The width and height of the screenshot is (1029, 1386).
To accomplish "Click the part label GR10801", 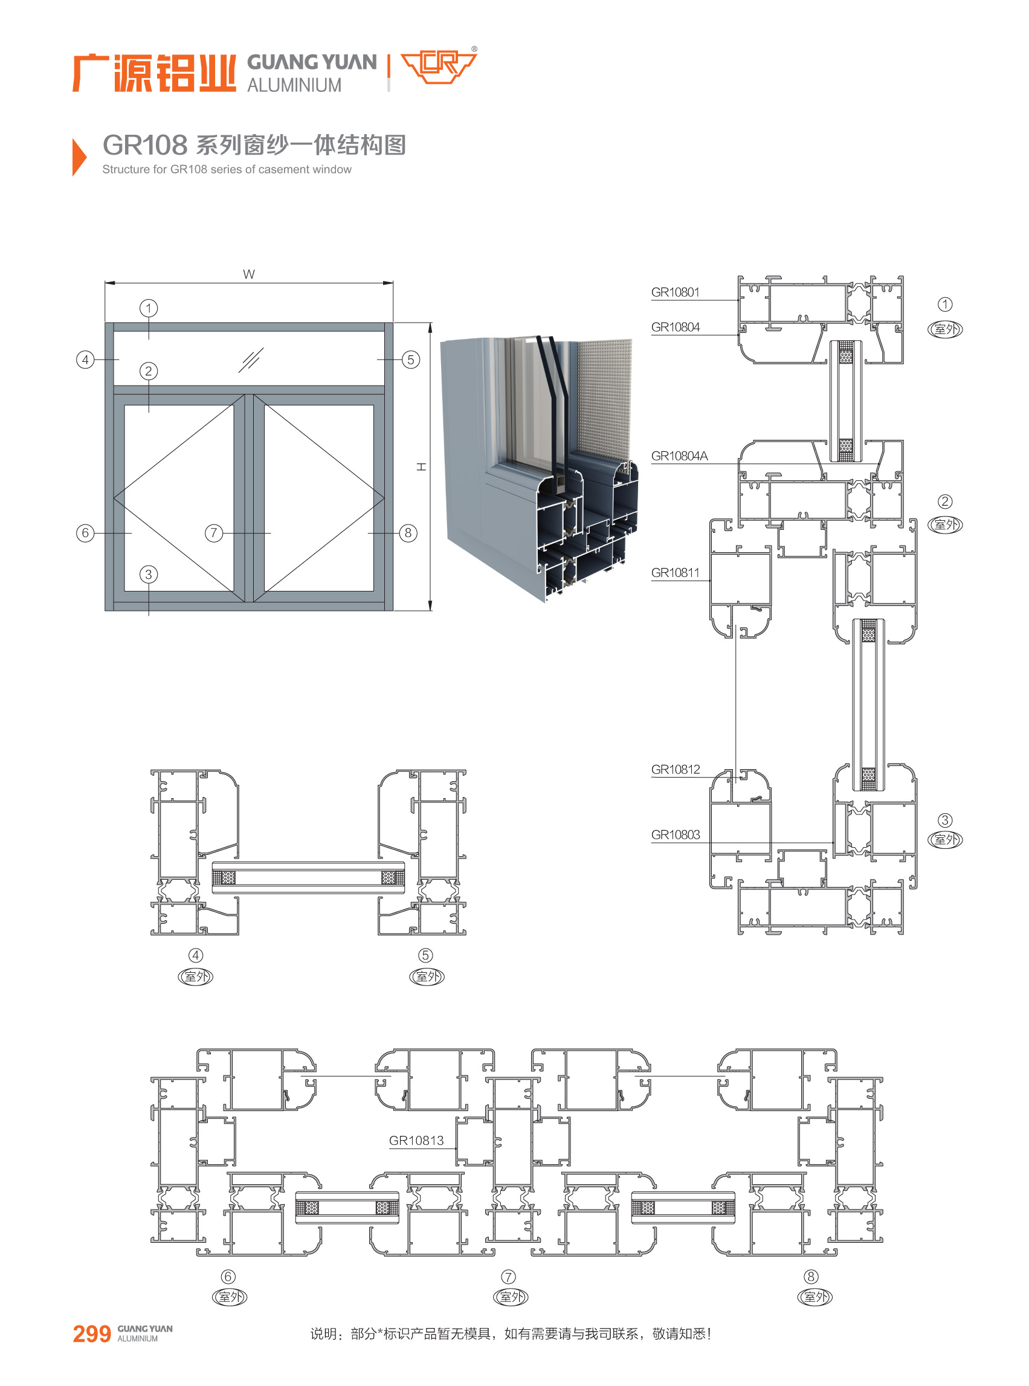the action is click(675, 292).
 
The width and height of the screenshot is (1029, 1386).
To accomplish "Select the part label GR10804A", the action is click(680, 456).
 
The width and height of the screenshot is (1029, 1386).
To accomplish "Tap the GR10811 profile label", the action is click(675, 572).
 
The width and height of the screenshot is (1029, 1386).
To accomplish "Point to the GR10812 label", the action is click(675, 769).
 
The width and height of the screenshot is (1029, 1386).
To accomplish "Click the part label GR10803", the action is click(675, 835).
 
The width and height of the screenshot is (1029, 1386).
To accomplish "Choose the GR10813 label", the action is click(416, 1141).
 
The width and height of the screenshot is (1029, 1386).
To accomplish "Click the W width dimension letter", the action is click(248, 274).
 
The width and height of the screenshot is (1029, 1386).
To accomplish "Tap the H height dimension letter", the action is click(422, 466).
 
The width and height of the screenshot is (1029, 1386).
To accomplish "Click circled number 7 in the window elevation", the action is click(214, 533).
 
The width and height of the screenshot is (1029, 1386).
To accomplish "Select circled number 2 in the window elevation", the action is click(148, 371).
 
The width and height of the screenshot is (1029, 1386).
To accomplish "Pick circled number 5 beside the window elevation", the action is click(410, 359).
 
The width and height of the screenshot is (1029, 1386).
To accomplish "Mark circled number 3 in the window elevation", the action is click(148, 575).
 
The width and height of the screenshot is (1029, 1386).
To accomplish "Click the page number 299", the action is click(92, 1333).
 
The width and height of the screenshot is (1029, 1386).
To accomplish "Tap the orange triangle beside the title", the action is click(79, 157).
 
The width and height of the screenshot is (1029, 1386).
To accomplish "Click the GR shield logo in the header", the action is click(439, 66).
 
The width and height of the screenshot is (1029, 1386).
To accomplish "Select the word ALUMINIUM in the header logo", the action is click(294, 85).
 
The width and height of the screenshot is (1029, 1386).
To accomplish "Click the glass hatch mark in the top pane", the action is click(251, 360).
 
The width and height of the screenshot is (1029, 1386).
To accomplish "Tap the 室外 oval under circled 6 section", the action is click(230, 1297).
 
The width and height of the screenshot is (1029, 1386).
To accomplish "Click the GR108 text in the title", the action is click(144, 145).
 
